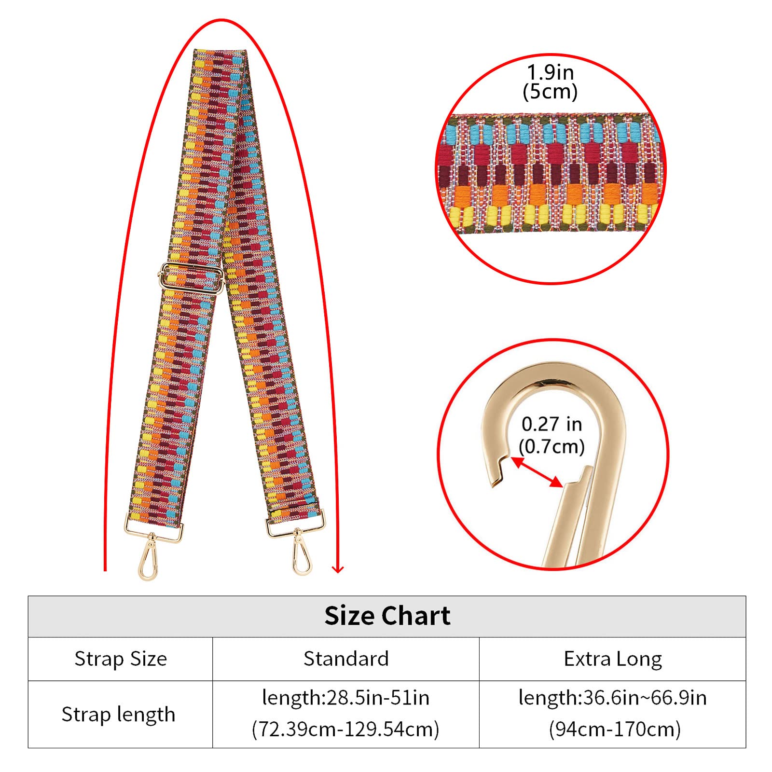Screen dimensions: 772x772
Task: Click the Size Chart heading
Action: [387, 616]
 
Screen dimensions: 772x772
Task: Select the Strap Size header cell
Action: [121, 659]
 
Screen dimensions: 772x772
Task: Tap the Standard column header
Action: [346, 659]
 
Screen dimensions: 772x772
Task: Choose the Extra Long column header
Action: [613, 659]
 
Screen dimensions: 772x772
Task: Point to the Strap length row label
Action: [118, 714]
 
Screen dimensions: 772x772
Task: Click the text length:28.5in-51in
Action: [346, 698]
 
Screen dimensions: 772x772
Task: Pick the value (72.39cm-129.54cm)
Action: [346, 729]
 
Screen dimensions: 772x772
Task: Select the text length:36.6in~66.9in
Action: [613, 698]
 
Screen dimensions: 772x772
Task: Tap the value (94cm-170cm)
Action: [615, 729]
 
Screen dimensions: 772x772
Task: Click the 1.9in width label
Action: [551, 73]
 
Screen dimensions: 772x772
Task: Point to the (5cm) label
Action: [551, 91]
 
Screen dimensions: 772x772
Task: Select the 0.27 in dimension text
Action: [551, 424]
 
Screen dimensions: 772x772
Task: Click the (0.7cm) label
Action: [551, 446]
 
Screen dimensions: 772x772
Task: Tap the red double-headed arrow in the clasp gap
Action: [537, 471]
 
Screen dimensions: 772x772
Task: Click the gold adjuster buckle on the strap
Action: [191, 277]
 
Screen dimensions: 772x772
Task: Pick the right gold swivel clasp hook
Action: [301, 555]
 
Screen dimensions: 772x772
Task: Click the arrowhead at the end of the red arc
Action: [338, 569]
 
